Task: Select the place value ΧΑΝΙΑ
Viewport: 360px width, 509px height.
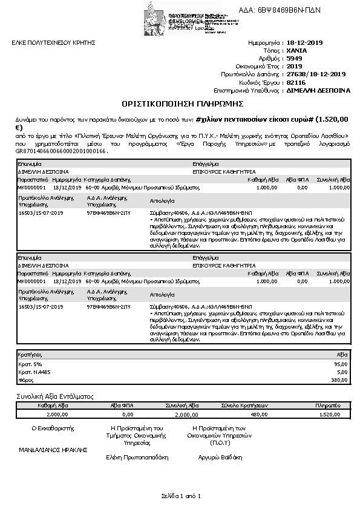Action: [297, 51]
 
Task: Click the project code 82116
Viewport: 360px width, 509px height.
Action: [296, 82]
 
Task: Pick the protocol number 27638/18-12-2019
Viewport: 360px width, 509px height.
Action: [316, 74]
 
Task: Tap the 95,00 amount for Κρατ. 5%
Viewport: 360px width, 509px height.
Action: [341, 364]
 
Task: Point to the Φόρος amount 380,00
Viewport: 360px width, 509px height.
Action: [339, 380]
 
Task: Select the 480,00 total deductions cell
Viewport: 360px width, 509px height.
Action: [258, 415]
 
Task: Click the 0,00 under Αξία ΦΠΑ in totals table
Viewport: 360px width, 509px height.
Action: [127, 415]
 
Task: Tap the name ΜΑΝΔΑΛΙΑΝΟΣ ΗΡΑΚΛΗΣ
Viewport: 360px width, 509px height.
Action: [53, 450]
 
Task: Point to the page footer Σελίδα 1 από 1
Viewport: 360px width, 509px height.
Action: [180, 496]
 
